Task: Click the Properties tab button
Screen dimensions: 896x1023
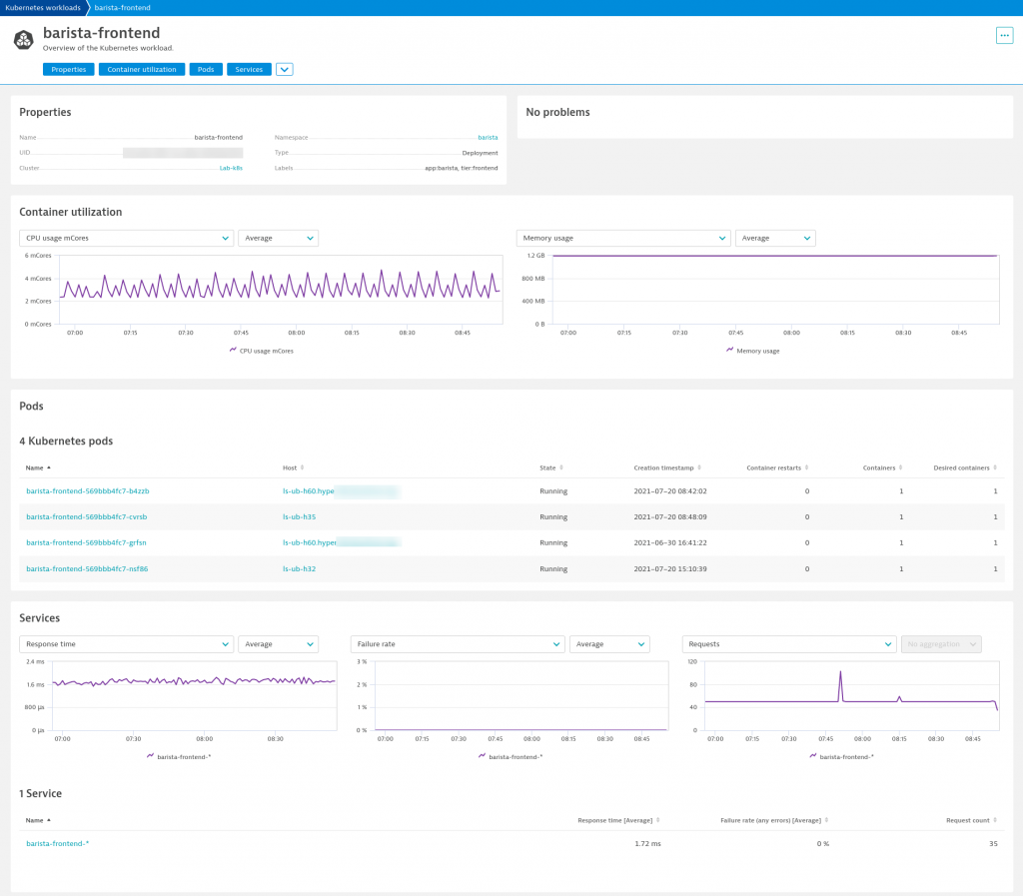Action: (68, 70)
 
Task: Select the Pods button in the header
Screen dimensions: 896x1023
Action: (206, 70)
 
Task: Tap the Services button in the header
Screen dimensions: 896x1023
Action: (249, 70)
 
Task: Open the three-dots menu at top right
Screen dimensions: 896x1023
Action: (1004, 35)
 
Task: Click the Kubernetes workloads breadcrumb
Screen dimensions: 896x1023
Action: (43, 7)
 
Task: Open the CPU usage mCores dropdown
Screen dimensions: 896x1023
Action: (126, 238)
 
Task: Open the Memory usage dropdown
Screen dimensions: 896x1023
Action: (622, 238)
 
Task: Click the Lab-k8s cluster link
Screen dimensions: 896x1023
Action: (231, 168)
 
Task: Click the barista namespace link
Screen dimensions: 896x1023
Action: (488, 137)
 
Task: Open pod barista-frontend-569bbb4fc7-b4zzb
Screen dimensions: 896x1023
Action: (88, 491)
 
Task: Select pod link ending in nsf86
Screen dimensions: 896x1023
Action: (87, 568)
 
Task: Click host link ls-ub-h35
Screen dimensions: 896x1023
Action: (300, 517)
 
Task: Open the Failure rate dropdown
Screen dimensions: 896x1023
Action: (458, 644)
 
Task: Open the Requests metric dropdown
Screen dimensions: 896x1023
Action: (788, 644)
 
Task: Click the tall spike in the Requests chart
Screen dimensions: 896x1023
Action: (840, 673)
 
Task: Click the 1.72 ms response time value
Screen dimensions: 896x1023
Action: (646, 844)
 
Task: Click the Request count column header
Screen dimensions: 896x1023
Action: (967, 820)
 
